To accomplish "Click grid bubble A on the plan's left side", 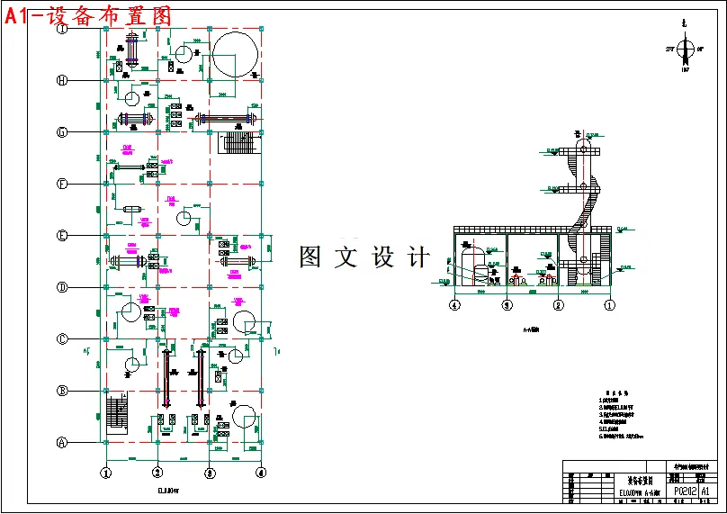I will (62, 442).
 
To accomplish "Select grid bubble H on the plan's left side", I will (62, 80).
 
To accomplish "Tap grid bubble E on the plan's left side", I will (62, 236).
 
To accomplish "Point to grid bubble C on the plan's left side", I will (62, 339).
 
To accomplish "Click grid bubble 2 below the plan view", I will (157, 472).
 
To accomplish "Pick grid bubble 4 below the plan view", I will (261, 472).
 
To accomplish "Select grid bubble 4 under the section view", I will (455, 305).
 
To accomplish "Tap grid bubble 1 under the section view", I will (609, 305).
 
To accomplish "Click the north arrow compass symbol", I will (685, 50).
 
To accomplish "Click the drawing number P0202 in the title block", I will (685, 491).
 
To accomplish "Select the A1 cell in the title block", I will (706, 491).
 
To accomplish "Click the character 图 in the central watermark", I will (310, 257).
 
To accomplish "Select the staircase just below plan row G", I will (238, 143).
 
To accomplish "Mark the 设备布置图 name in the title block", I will (640, 480).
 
